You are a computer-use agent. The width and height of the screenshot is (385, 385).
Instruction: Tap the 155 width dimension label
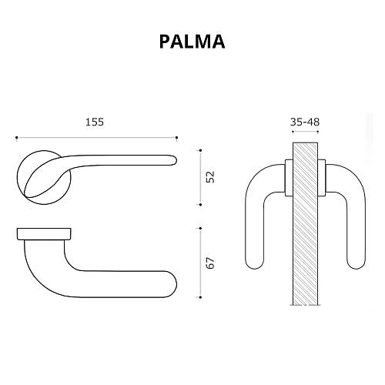pyautogui.click(x=94, y=122)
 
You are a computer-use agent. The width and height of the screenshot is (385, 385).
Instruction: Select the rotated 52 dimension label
pyautogui.click(x=209, y=176)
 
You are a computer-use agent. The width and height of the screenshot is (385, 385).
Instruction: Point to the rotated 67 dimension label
pyautogui.click(x=209, y=262)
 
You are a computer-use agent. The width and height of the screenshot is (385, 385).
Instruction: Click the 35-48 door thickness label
pyautogui.click(x=306, y=122)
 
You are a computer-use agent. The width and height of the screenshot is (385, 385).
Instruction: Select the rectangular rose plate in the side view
pyautogui.click(x=44, y=233)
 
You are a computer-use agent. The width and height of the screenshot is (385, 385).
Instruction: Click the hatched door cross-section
pyautogui.click(x=306, y=223)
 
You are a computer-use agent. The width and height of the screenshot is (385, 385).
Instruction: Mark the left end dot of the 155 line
pyautogui.click(x=16, y=139)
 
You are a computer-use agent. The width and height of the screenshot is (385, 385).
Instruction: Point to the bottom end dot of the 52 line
pyautogui.click(x=200, y=204)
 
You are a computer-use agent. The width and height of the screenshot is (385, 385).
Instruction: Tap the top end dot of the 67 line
pyautogui.click(x=200, y=227)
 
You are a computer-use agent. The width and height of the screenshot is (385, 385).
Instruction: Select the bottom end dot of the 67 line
pyautogui.click(x=200, y=298)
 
